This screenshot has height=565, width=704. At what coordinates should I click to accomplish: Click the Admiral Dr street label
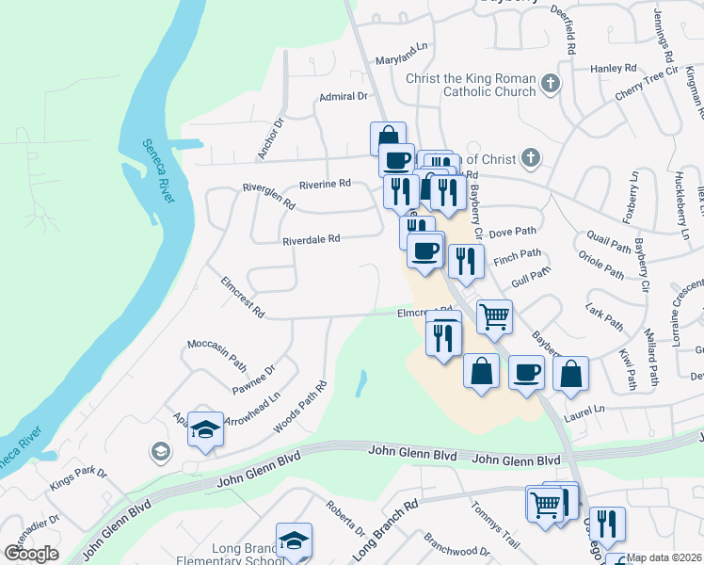343,96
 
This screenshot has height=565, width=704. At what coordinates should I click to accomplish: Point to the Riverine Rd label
325,183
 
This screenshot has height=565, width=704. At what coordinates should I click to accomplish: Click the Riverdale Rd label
311,239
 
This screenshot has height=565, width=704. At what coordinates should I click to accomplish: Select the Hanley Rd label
614,69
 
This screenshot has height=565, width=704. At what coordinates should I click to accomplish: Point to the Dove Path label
512,231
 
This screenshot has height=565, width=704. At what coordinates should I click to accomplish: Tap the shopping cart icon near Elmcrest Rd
494,315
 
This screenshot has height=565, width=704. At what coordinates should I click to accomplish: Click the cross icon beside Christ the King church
551,85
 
